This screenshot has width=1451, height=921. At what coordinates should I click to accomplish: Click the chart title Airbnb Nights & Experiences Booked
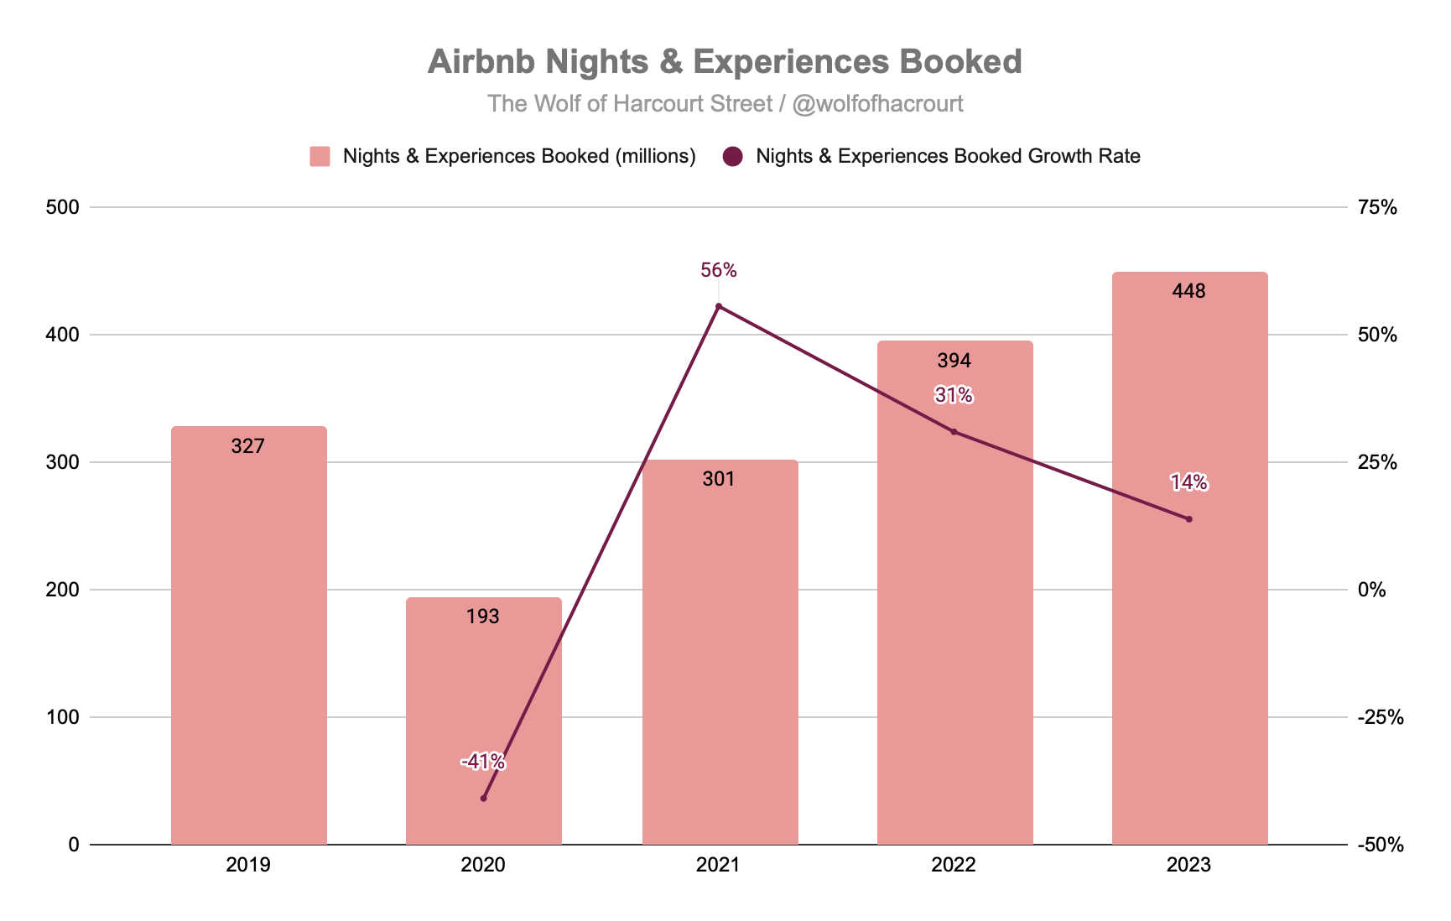tap(725, 62)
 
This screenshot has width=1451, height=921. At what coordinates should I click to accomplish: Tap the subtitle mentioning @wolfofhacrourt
tap(725, 103)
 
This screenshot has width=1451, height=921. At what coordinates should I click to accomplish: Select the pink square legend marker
tap(320, 157)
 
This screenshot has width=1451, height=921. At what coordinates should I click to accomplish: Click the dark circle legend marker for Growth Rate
tap(733, 157)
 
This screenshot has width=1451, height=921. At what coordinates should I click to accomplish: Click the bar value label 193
tap(482, 617)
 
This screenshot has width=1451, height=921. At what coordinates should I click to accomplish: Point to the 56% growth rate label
tap(718, 270)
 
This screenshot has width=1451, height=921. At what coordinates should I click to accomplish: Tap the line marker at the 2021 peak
tap(718, 306)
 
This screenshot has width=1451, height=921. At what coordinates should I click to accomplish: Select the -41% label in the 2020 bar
tap(482, 762)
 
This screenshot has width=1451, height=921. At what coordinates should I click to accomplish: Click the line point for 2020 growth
tap(483, 798)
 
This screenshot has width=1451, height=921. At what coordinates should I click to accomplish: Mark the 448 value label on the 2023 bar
tap(1188, 291)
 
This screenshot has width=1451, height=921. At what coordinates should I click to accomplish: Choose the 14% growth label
tap(1188, 482)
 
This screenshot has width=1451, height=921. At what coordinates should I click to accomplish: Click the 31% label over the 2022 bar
tap(954, 395)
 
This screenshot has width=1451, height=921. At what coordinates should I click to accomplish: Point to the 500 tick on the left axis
tap(61, 207)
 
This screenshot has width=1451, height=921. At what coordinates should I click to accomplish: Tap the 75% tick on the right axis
tap(1377, 207)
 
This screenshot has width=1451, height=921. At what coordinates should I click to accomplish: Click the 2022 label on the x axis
tap(954, 866)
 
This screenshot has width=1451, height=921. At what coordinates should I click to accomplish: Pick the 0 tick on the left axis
tap(74, 845)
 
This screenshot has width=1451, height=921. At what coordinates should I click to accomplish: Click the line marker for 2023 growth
tap(1188, 519)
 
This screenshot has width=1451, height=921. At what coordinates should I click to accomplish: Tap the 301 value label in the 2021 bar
tap(718, 479)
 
